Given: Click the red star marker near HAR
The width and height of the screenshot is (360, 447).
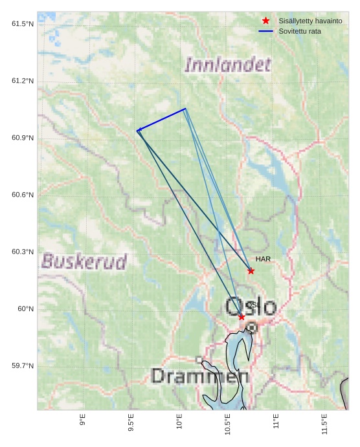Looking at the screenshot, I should point(251,270).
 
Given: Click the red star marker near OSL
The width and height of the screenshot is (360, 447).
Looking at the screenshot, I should point(242,316).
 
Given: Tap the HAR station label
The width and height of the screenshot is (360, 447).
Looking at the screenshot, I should point(263,259).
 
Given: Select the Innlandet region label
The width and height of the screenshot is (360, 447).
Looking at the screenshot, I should point(228,65).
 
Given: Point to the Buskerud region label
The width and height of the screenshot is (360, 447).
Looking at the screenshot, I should point(84,261).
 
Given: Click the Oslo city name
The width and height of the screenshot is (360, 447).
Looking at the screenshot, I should point(251,307).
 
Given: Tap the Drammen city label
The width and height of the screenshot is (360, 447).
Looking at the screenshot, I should point(200,376).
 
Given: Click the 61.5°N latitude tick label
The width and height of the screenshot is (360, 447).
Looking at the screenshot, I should point(23,24).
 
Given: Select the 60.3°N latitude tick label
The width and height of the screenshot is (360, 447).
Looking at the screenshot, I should point(23,252).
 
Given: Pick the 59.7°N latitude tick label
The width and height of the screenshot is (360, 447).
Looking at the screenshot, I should point(23,366).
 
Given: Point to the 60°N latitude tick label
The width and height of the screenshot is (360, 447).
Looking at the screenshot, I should point(26,309).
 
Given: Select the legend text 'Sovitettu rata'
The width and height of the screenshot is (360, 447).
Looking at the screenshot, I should point(299,31).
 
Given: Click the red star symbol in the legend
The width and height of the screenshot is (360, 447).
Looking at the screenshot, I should point(265,21).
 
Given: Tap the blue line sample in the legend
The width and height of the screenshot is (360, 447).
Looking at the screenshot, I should point(265,31).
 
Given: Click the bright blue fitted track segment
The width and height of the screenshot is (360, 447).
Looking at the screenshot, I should point(162,119).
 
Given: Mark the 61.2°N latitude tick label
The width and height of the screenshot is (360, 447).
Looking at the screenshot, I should point(23,81).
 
